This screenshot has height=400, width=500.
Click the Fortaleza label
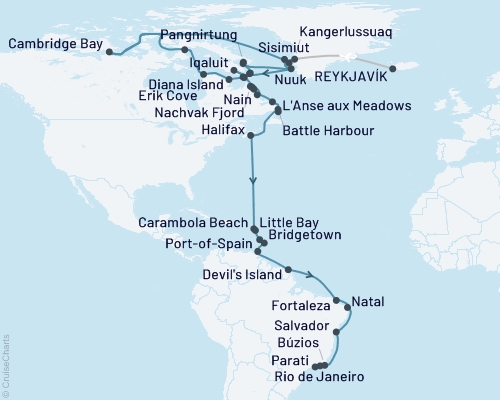tap(302, 303)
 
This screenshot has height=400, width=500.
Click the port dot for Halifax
tap(250, 138)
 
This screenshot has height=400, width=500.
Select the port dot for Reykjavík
tap(392, 68)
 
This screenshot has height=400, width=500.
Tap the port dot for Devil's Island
tap(289, 268)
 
